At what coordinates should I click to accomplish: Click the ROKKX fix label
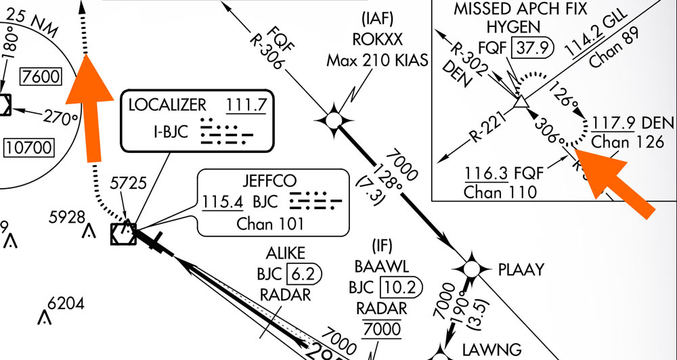click(377, 39)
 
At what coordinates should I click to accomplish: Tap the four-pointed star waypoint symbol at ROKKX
click(333, 120)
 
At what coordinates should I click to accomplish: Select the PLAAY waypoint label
click(521, 269)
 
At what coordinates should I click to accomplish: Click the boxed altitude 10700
click(26, 146)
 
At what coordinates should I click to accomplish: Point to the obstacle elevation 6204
click(66, 304)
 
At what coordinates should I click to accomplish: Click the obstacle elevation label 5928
click(67, 217)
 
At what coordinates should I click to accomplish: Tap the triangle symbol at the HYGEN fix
click(520, 102)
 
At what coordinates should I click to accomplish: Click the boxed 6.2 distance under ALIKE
click(305, 274)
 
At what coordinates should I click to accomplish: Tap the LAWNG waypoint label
click(493, 349)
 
